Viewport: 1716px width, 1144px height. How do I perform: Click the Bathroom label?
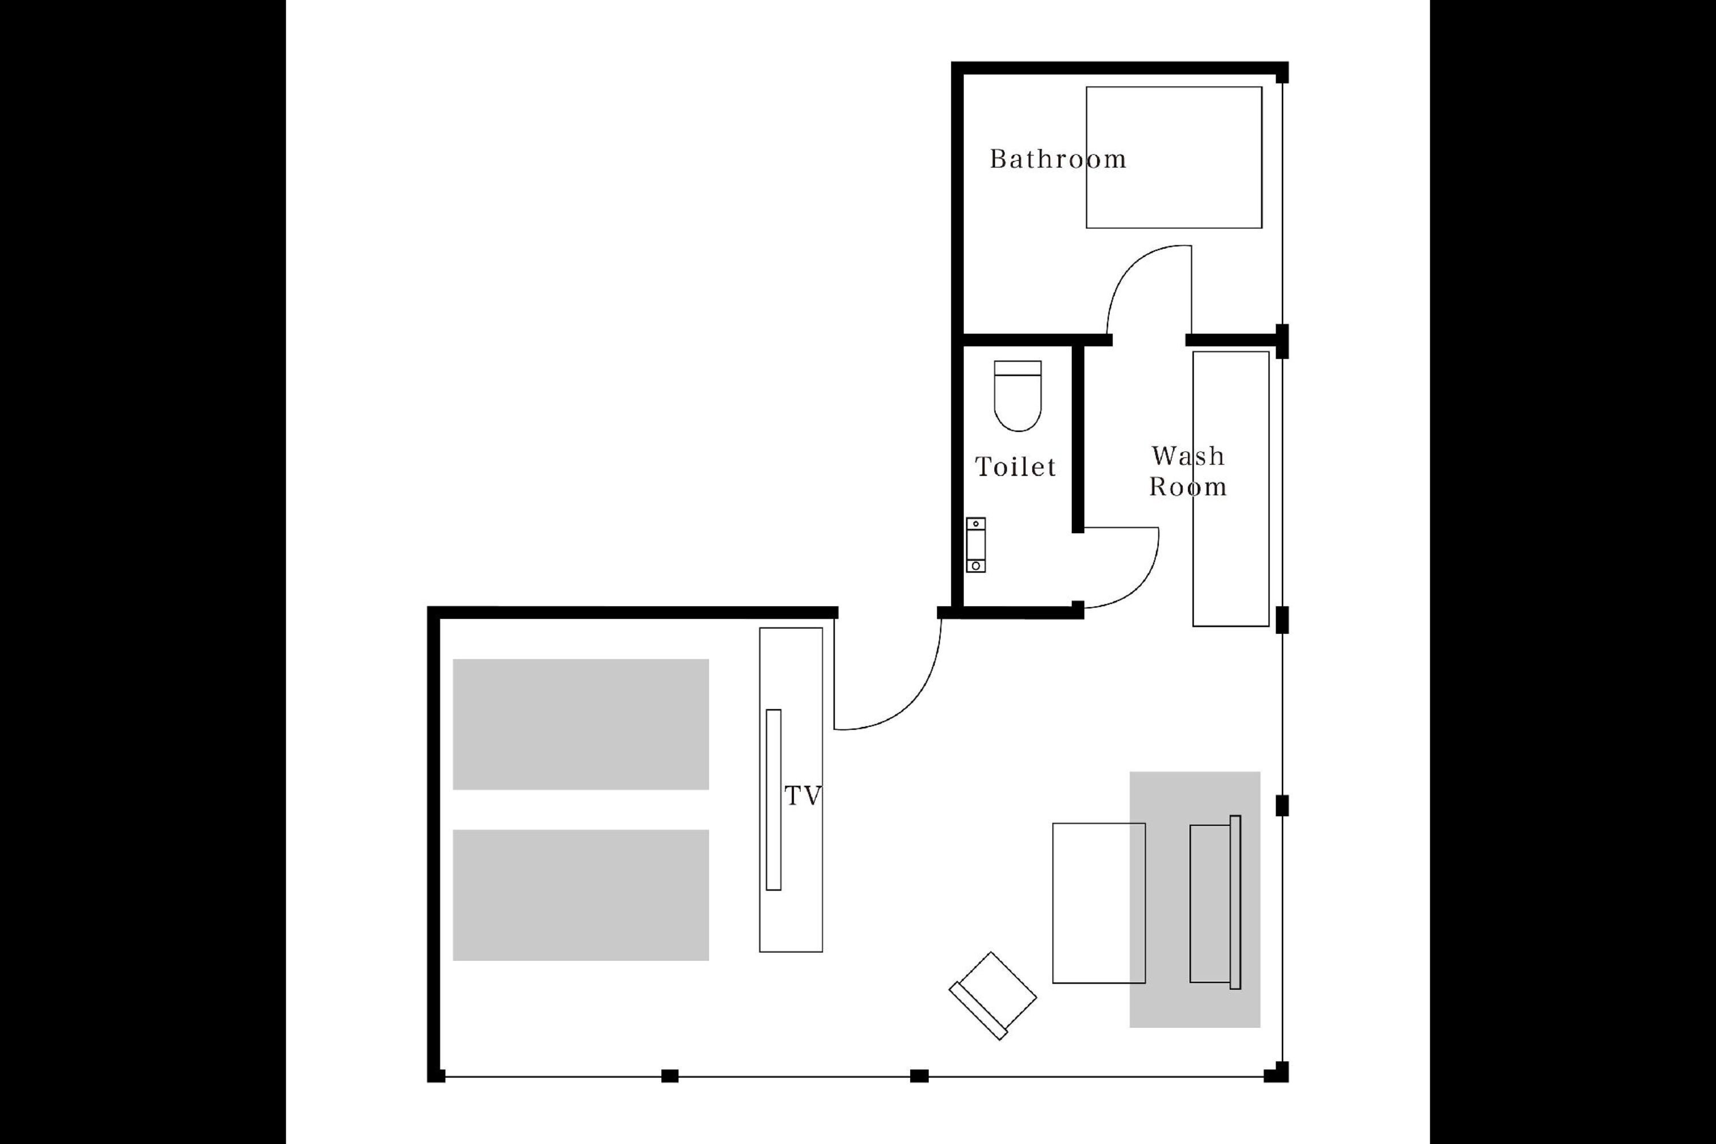click(x=1057, y=159)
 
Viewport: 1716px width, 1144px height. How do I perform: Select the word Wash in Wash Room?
click(x=1188, y=456)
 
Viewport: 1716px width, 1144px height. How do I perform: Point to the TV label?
click(x=803, y=796)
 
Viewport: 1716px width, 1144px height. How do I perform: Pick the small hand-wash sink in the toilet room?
click(x=976, y=545)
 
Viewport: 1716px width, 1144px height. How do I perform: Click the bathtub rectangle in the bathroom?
click(x=1174, y=158)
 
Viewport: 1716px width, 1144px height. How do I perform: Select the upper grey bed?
click(x=581, y=725)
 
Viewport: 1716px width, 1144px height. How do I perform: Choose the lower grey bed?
click(x=581, y=895)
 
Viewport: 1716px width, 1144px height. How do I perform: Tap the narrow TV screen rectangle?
click(x=773, y=800)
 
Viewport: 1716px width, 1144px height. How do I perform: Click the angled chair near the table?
click(x=992, y=996)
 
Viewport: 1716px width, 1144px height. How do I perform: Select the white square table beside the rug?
click(x=1099, y=903)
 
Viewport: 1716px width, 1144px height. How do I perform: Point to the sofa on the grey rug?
click(x=1215, y=903)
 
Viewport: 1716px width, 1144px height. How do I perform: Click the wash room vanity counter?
click(x=1231, y=489)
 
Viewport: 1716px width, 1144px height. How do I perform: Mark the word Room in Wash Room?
click(x=1188, y=487)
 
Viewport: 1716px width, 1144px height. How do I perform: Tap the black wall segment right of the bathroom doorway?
click(x=1233, y=340)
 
